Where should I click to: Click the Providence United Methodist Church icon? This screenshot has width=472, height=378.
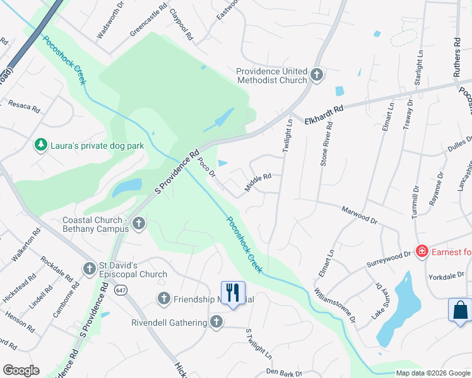tap(317, 76)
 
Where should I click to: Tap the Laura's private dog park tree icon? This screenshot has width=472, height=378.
tap(41, 146)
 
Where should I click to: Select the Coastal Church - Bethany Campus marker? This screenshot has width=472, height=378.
tap(139, 224)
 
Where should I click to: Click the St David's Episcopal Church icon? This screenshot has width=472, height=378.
tap(89, 269)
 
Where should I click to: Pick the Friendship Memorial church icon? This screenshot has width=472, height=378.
tap(163, 299)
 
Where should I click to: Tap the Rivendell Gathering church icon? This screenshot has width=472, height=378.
tap(216, 323)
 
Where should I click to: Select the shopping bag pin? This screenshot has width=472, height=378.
tap(459, 311)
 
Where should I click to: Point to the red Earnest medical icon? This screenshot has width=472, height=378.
tap(422, 252)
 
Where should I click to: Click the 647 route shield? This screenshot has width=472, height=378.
tap(121, 290)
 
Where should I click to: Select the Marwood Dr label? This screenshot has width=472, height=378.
tap(358, 215)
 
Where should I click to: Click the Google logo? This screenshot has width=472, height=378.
tap(21, 370)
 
